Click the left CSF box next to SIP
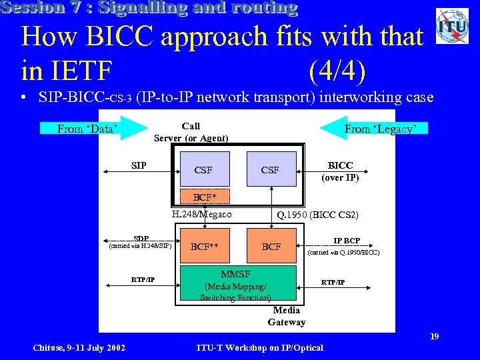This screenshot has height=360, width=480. [204, 169]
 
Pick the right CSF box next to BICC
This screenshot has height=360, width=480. [270, 169]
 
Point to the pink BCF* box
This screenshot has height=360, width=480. [206, 197]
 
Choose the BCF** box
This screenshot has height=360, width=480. [205, 246]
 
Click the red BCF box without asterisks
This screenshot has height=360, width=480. [271, 246]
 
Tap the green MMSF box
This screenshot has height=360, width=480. [235, 284]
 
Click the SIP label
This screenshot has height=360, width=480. [139, 165]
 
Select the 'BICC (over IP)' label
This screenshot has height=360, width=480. [340, 171]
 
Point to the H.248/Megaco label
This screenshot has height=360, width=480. [201, 215]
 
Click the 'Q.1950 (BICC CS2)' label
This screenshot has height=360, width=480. [318, 215]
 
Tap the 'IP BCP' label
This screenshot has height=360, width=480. [347, 241]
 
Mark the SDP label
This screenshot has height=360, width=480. [141, 239]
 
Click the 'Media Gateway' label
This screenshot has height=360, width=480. [287, 316]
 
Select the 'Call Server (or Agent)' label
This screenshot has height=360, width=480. [191, 132]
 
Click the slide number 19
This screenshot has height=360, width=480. [434, 337]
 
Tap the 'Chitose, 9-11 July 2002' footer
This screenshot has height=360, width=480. [79, 347]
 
